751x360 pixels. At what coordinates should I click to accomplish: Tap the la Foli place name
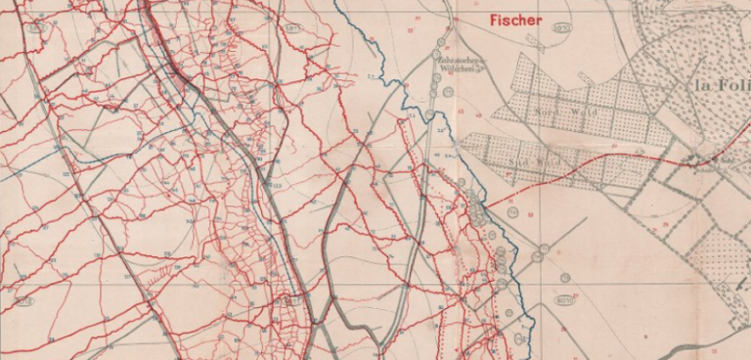[719, 86]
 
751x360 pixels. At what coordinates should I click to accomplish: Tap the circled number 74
[537, 256]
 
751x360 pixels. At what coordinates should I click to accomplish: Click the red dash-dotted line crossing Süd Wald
[587, 166]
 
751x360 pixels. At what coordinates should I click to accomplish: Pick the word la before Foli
[700, 86]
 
